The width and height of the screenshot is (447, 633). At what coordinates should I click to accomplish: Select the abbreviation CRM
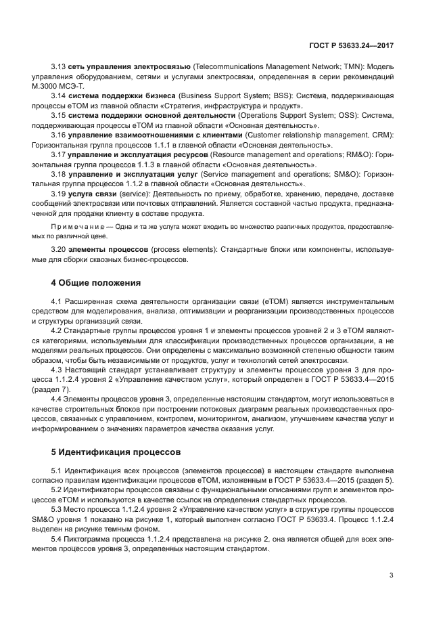tap(385, 135)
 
